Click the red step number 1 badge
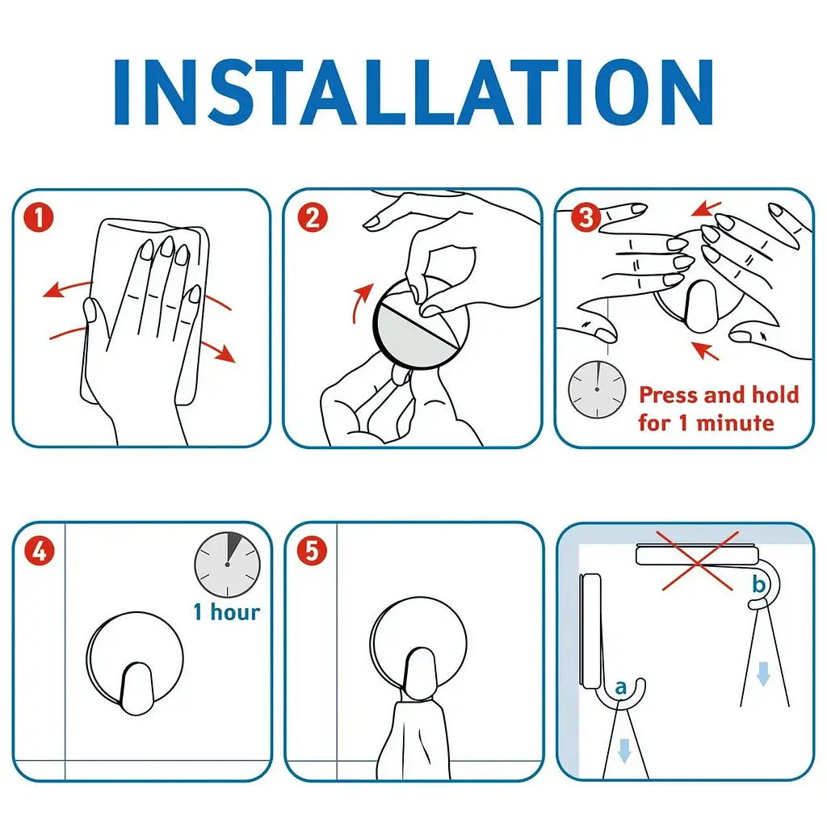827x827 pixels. click(39, 218)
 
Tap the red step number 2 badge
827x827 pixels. click(313, 218)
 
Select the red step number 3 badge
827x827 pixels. click(586, 217)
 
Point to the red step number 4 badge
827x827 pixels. click(40, 552)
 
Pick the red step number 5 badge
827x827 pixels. click(312, 551)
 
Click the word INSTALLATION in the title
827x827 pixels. click(413, 92)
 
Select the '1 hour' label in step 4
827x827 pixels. click(227, 612)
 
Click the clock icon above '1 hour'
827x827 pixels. click(227, 565)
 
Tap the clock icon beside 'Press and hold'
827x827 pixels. click(597, 389)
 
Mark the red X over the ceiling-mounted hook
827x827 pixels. click(698, 561)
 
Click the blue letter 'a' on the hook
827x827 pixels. click(621, 687)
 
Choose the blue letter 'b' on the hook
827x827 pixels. click(758, 584)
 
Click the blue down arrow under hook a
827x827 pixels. click(624, 751)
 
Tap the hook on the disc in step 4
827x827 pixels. click(136, 688)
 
